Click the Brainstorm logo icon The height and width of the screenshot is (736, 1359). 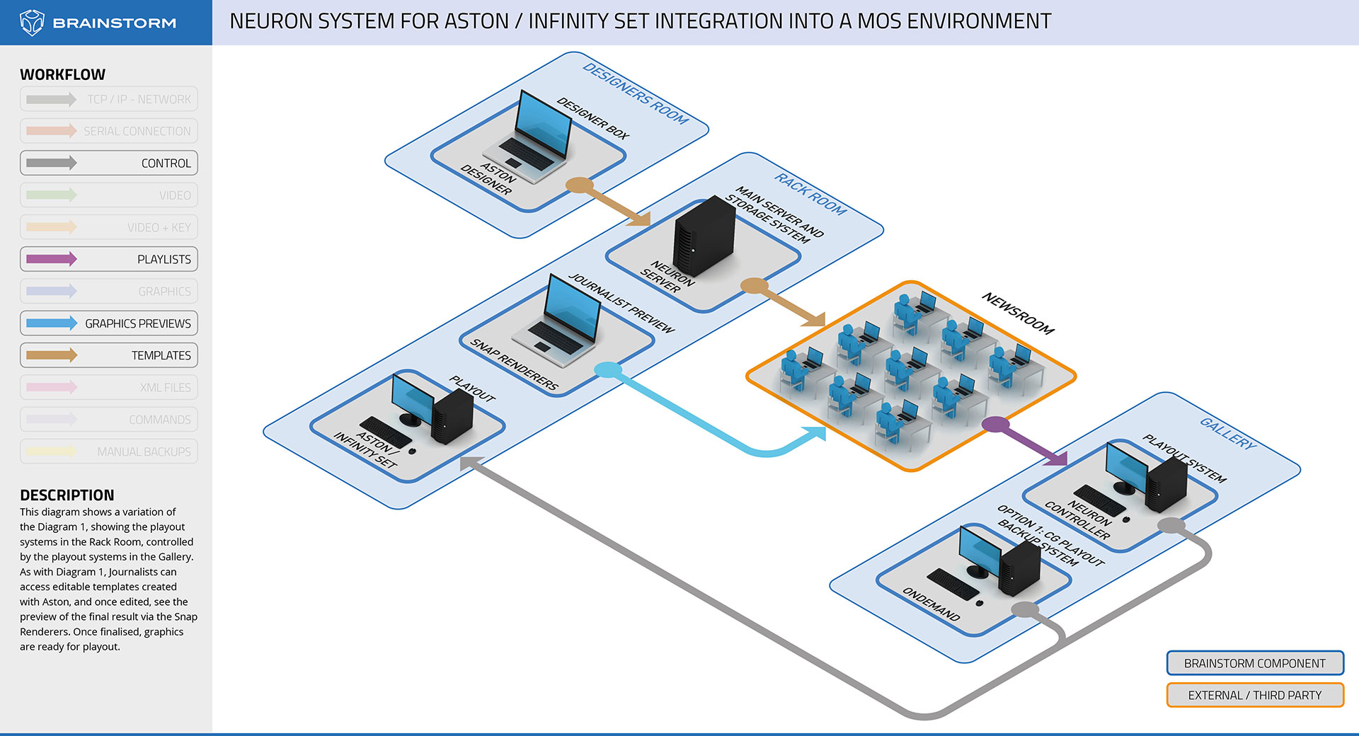32,23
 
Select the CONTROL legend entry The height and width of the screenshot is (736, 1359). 109,163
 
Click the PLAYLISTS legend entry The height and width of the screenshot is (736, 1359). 109,259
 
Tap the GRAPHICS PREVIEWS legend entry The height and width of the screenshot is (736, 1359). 109,323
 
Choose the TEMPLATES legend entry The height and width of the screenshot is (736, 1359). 109,355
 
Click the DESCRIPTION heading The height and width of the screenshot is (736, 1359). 67,495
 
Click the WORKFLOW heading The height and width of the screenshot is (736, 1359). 62,74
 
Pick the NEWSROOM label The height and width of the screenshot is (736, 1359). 1017,314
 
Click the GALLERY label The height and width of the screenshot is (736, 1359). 1228,433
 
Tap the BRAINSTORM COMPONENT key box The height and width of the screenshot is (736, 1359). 1254,663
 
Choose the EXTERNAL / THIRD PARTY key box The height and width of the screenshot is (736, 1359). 1254,695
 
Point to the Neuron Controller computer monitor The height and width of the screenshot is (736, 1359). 1127,467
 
